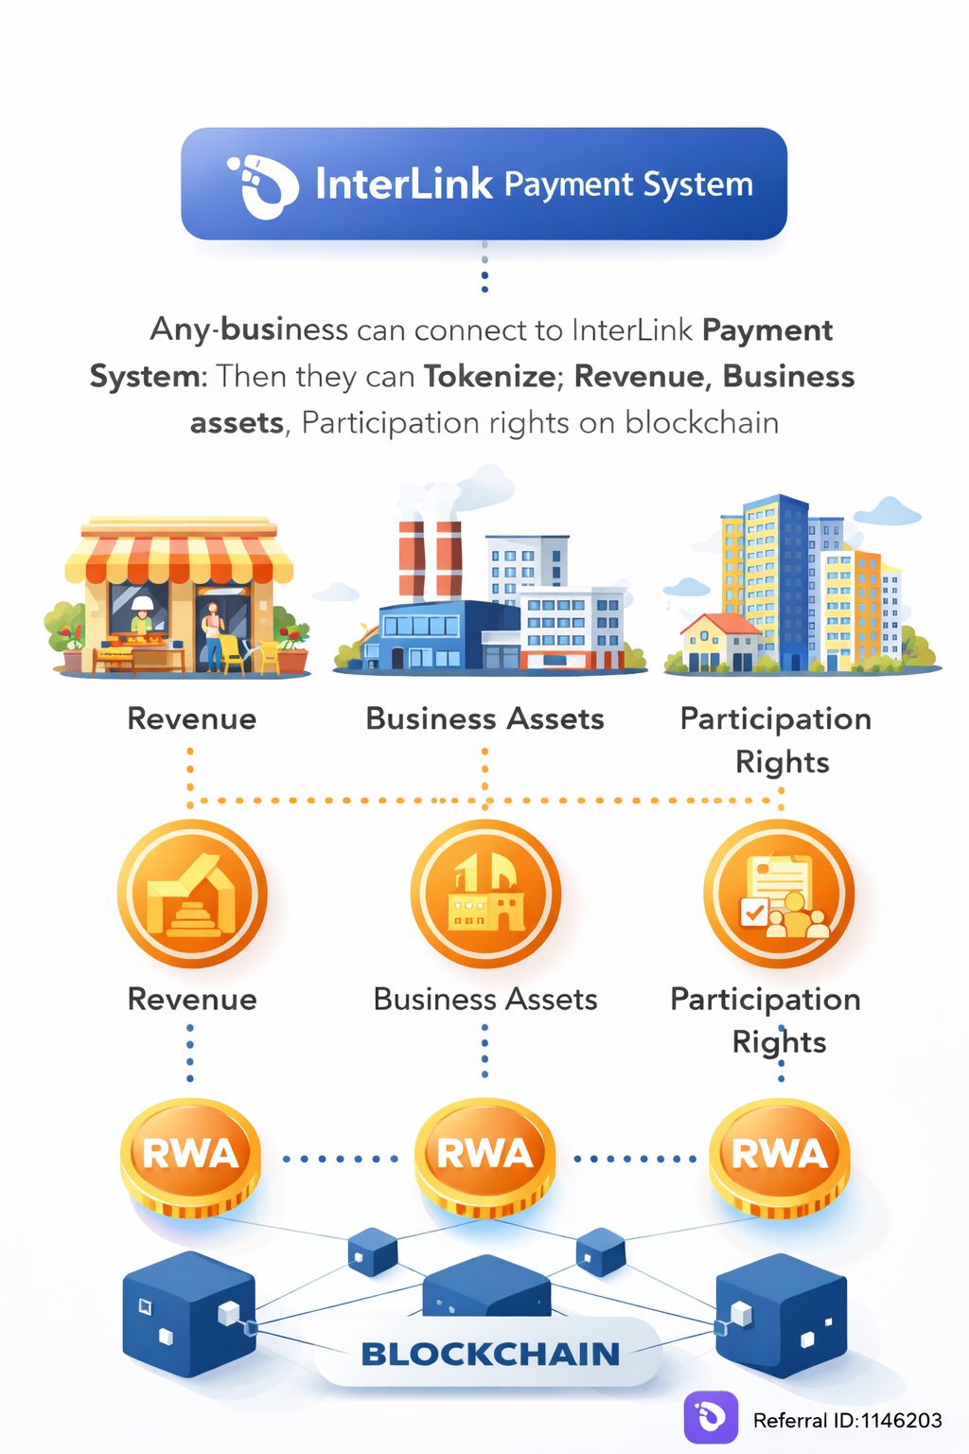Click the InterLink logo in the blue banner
(256, 185)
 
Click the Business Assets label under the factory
(484, 719)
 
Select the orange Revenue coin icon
(192, 895)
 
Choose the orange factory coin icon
(485, 895)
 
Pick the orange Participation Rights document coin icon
(779, 895)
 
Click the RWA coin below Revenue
(190, 1157)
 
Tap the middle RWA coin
(484, 1157)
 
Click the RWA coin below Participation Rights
(779, 1157)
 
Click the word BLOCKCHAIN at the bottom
(490, 1355)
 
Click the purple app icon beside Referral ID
(711, 1417)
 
